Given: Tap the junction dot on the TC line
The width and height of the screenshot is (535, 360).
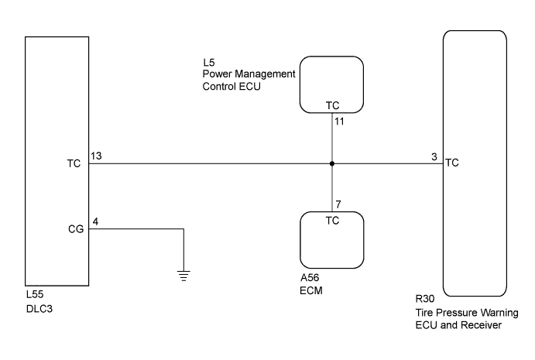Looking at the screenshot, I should click(332, 163).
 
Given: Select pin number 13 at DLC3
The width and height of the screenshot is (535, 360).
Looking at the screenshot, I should click(96, 156).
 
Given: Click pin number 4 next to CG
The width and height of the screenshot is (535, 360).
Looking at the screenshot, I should click(95, 221).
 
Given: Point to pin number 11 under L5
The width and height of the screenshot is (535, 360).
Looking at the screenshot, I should click(339, 122).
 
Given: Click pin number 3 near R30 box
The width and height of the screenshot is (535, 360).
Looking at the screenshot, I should click(434, 156).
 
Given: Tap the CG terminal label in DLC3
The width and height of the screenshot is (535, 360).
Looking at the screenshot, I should click(75, 229).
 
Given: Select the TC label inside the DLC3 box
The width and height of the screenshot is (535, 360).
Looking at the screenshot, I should click(75, 163).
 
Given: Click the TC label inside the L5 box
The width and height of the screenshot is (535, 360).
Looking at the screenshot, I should click(332, 105).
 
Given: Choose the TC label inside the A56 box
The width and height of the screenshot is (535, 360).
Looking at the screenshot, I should click(332, 220).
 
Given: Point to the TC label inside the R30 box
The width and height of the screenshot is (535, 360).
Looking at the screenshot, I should click(453, 163).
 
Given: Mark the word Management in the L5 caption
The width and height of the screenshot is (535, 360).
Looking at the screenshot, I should click(262, 74).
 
